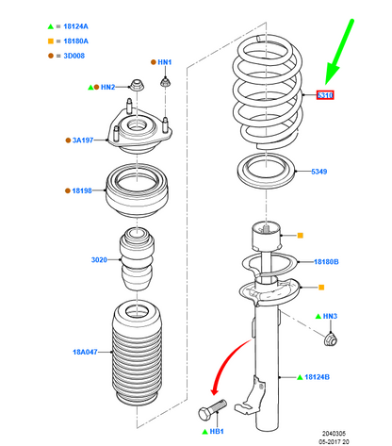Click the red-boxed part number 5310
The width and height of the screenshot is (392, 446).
point(325,95)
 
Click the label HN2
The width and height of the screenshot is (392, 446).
point(107,87)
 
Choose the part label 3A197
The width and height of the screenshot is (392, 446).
point(85,140)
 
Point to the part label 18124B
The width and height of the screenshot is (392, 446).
point(318,376)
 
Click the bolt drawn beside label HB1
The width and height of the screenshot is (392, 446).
point(214,410)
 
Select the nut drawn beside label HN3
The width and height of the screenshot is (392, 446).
point(329,338)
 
